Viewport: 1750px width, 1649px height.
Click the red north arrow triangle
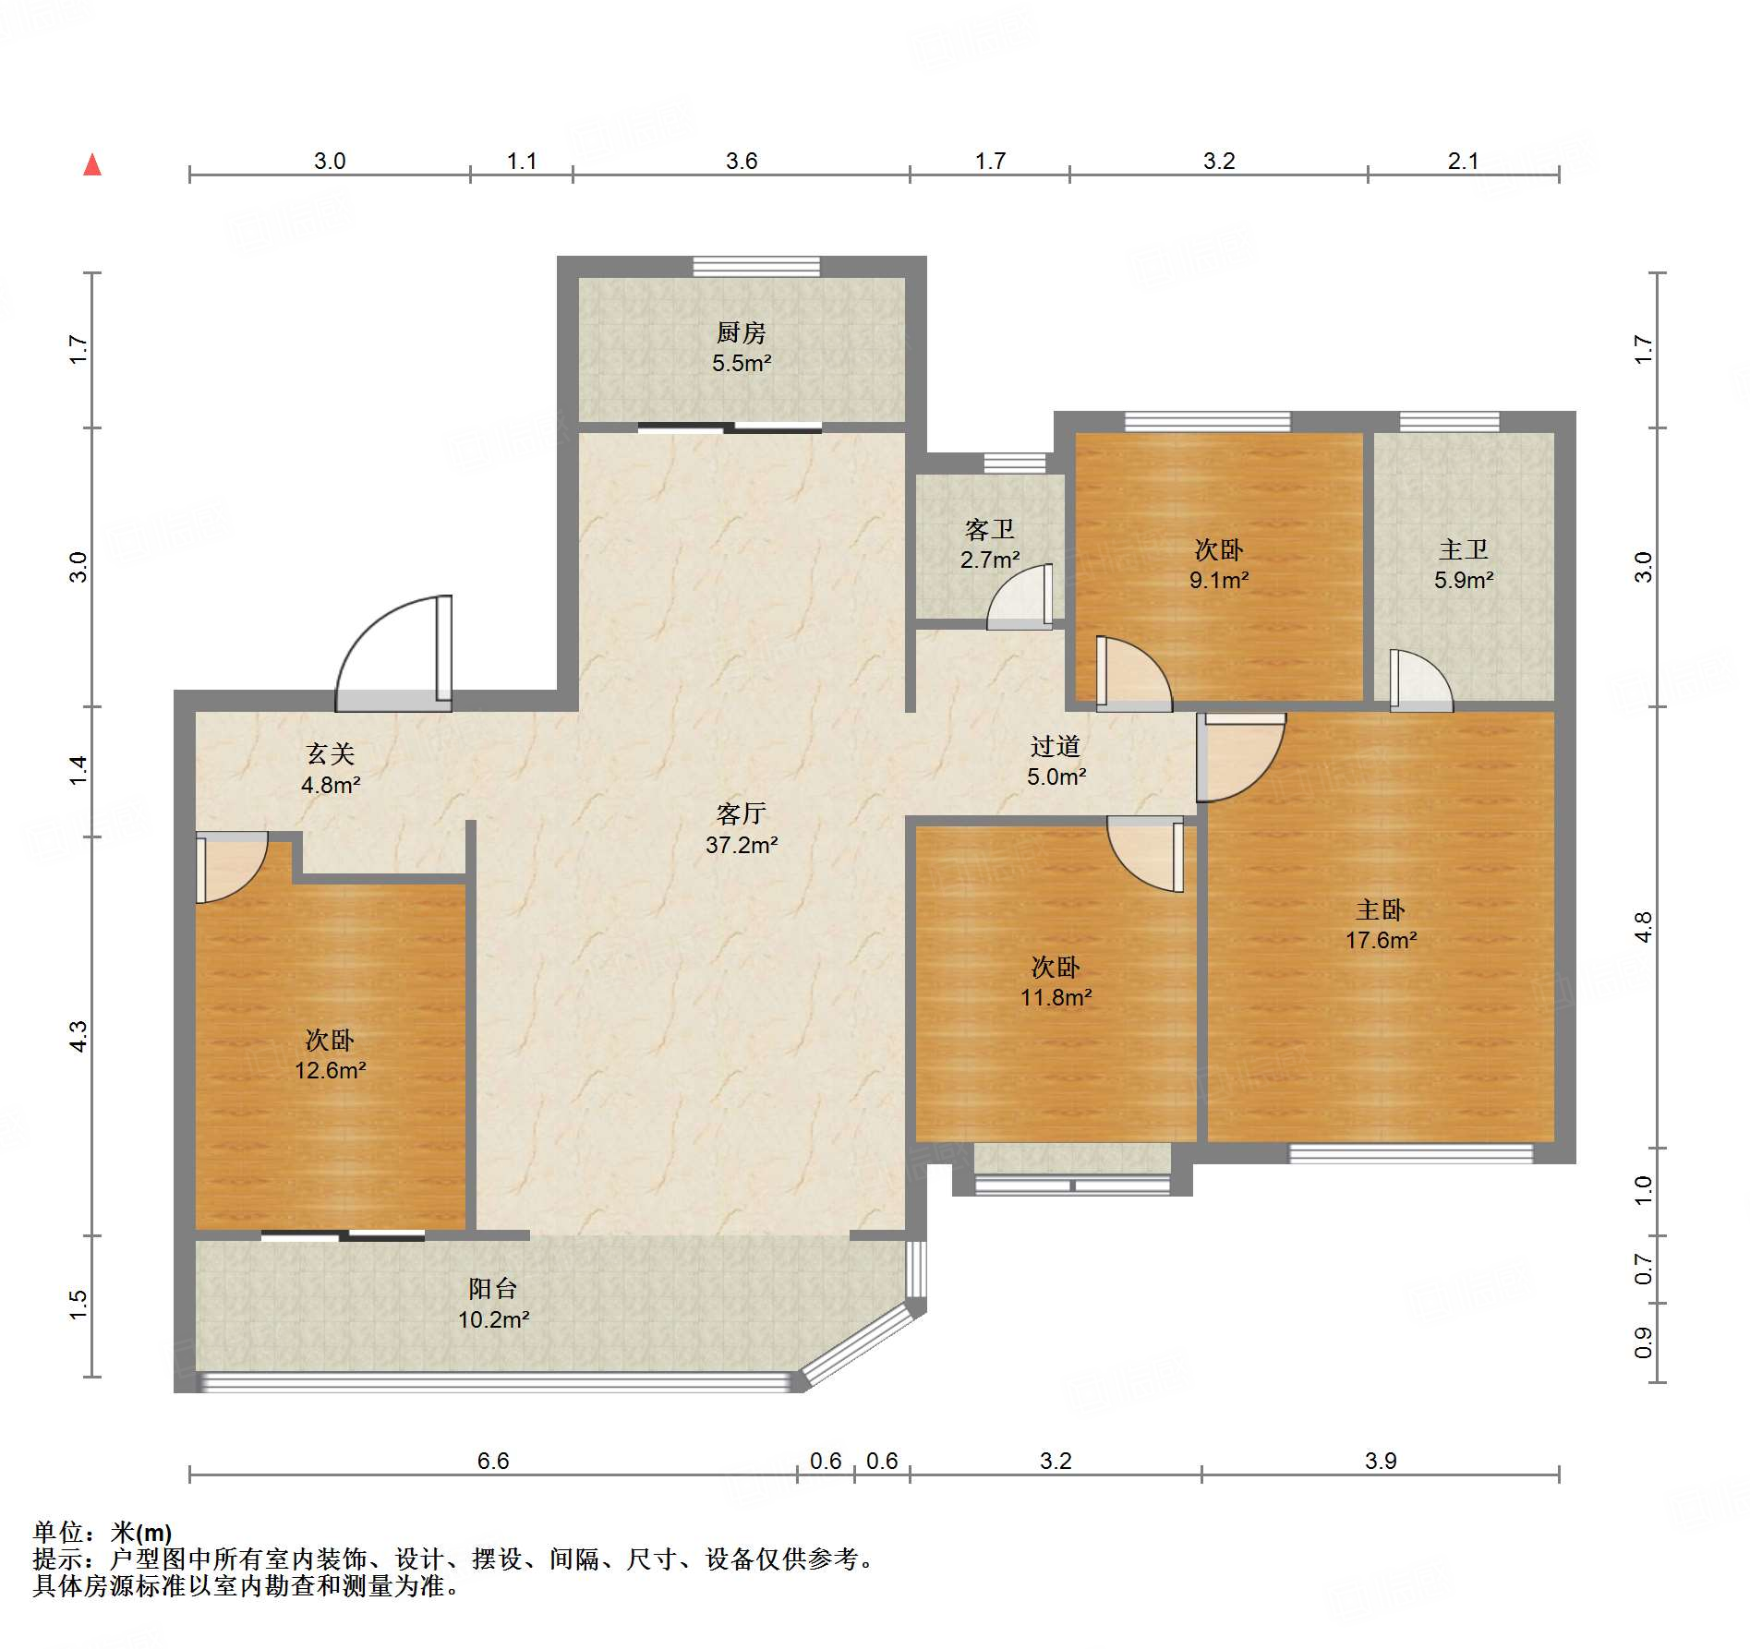tap(92, 164)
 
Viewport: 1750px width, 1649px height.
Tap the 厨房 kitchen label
tap(742, 332)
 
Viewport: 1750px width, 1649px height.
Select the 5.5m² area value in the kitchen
tap(742, 363)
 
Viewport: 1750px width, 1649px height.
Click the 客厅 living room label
tap(742, 813)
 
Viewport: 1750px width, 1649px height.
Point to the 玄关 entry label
tap(331, 753)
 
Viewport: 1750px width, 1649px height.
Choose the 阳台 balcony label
tap(493, 1288)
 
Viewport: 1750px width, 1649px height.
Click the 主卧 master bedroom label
tap(1381, 909)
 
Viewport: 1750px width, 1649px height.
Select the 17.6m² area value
tap(1381, 940)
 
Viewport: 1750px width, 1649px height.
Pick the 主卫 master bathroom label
tap(1464, 549)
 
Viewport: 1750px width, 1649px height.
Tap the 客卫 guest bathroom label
tap(990, 529)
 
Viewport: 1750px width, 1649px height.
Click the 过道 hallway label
tap(1056, 746)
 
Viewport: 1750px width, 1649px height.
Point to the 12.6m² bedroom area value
tap(331, 1070)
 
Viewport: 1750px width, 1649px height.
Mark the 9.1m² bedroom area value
tap(1219, 580)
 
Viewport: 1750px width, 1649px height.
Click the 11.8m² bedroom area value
tap(1056, 997)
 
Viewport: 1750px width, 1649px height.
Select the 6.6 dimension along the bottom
tap(493, 1461)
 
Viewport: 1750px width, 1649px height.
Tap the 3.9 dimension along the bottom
tap(1381, 1461)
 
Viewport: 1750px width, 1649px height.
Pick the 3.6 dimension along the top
tap(742, 161)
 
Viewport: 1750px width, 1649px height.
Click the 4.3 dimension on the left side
tap(78, 1036)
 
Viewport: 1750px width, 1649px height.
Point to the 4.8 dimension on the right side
tap(1643, 927)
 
